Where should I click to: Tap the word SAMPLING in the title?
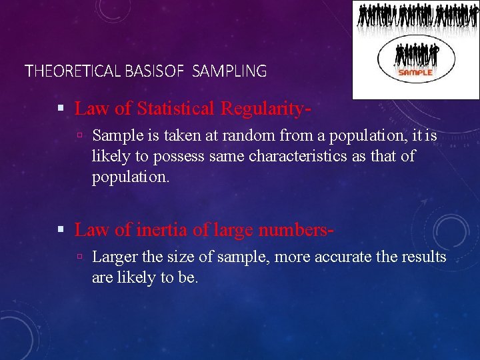coord(229,71)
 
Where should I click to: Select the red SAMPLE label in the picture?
coord(416,72)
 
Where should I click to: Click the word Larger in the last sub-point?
coord(114,257)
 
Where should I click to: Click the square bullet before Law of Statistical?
coord(61,108)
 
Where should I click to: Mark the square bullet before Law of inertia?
coord(61,231)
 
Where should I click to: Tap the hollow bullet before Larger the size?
coord(79,257)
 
